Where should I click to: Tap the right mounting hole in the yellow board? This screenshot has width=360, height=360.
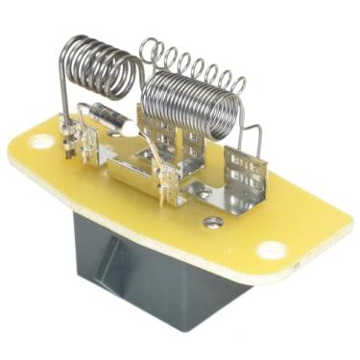coord(272,250)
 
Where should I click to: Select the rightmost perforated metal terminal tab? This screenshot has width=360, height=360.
coord(244,173)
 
